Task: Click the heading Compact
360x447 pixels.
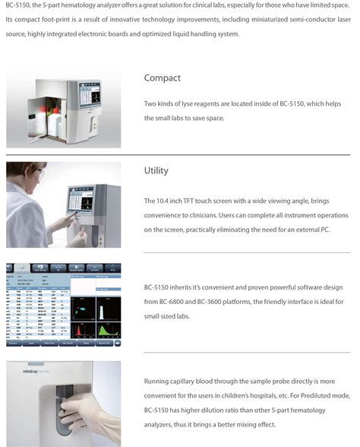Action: coord(162,78)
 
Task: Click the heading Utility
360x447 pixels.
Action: coord(156,171)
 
